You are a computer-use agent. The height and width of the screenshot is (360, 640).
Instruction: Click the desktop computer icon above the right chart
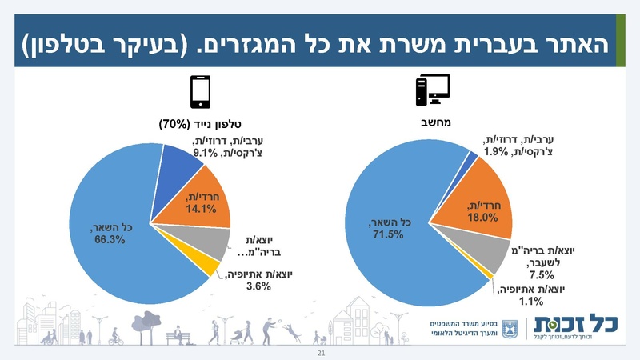[433, 90]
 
